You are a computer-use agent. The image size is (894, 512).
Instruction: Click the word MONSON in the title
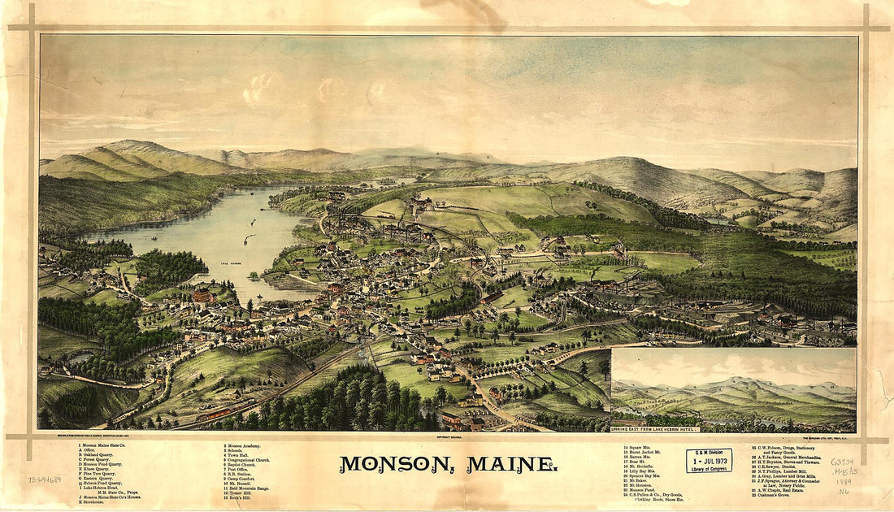(x=389, y=464)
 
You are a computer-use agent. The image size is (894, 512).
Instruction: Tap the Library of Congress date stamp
(x=708, y=461)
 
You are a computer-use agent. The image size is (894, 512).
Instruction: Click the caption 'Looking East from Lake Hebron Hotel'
(x=667, y=427)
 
